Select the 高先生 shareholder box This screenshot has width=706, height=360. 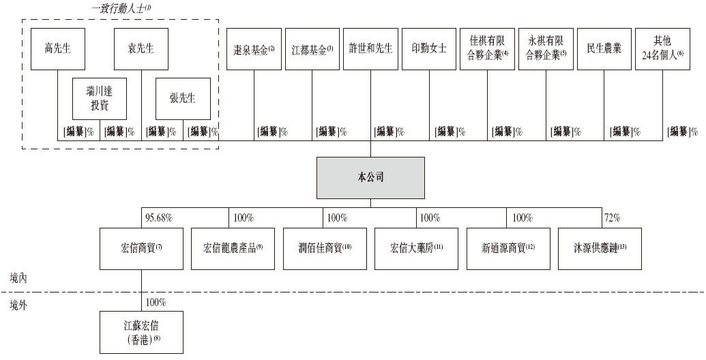(x=58, y=49)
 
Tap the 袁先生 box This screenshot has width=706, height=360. (x=141, y=49)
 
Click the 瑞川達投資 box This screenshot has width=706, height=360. (x=100, y=100)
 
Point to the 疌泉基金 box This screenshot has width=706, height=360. (x=254, y=49)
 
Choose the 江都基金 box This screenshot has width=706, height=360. (x=312, y=49)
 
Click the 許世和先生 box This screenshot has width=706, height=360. (x=370, y=49)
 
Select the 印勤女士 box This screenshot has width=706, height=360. (x=429, y=49)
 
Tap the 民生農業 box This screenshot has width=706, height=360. (x=604, y=49)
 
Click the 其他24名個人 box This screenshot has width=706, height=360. (x=662, y=49)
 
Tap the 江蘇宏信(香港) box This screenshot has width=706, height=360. (x=141, y=332)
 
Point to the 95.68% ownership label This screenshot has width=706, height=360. (x=159, y=218)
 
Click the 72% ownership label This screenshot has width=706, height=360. (x=612, y=218)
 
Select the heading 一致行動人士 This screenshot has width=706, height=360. (x=121, y=8)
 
